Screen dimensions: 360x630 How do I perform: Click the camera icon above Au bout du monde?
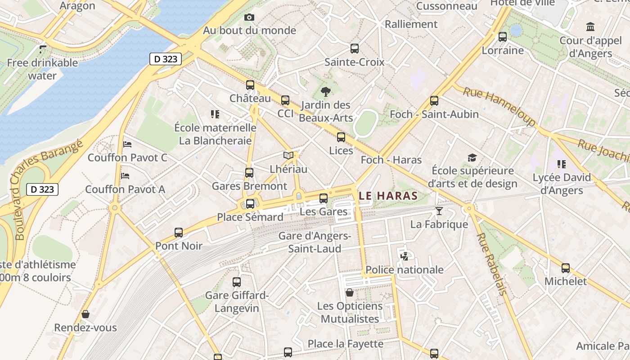[x=249, y=18]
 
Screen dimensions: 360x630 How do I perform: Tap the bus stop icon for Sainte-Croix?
[x=355, y=48]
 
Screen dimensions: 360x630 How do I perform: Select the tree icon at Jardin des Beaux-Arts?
[x=325, y=92]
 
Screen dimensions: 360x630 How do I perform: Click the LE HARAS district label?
[x=389, y=196]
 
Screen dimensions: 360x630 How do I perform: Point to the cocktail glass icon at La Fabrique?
[x=439, y=211]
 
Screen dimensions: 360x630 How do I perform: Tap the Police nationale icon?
[x=404, y=256]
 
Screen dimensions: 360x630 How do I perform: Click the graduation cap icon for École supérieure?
[x=472, y=157]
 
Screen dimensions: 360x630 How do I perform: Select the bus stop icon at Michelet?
[x=566, y=268]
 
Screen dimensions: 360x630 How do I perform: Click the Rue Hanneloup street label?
[x=499, y=106]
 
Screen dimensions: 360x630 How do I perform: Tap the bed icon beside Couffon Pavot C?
[x=127, y=144]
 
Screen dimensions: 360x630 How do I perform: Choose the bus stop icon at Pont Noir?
[x=179, y=233]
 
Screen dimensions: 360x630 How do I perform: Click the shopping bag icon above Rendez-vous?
[x=85, y=314]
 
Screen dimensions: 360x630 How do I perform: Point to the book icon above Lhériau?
[x=288, y=156]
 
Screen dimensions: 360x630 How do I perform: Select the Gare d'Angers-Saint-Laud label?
[x=315, y=242]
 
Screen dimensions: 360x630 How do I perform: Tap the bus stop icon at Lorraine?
[x=503, y=37]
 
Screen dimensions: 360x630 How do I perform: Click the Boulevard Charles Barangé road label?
[x=47, y=189]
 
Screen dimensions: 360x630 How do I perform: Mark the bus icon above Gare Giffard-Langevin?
[x=237, y=282]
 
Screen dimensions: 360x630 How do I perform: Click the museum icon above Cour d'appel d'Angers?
[x=590, y=27]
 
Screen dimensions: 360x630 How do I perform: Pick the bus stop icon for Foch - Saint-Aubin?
[x=434, y=101]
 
